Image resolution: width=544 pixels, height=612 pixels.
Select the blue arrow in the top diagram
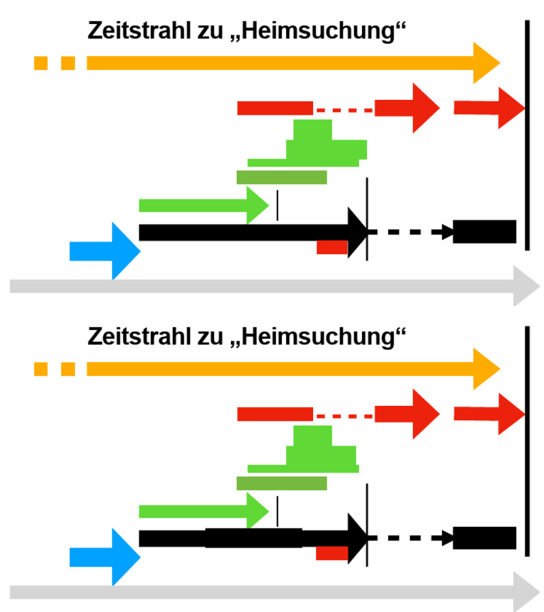(x=106, y=250)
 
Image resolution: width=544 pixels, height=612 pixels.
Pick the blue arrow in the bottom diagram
(x=106, y=557)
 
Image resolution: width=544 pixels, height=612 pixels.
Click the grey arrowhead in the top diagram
(x=526, y=285)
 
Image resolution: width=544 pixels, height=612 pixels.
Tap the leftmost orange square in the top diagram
(x=41, y=63)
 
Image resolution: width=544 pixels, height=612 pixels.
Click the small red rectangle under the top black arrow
(x=331, y=247)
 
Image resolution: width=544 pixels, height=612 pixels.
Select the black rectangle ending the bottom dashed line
(x=484, y=538)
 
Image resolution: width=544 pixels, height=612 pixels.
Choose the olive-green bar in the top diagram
(x=281, y=176)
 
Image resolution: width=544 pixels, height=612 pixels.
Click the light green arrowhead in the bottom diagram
(x=257, y=511)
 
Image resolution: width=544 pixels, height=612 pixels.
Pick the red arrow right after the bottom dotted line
(x=407, y=414)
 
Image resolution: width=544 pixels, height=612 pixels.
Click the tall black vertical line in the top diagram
(x=527, y=135)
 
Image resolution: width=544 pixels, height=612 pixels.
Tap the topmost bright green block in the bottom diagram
(x=312, y=435)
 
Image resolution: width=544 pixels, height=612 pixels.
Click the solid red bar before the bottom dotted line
(x=275, y=414)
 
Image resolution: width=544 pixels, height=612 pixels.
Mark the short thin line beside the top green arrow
(x=278, y=205)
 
